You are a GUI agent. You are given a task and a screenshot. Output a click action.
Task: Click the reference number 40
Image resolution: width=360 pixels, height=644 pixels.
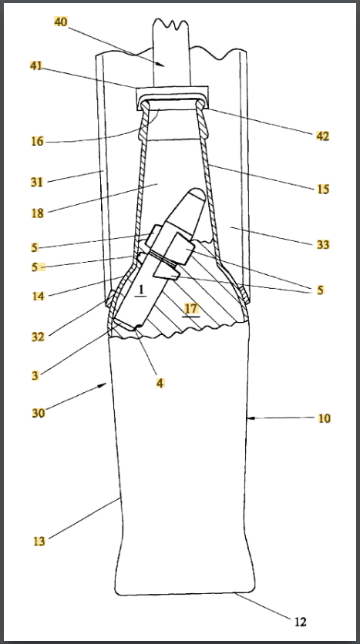click(x=60, y=22)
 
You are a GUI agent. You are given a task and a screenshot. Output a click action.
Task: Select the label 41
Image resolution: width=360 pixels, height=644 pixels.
click(x=36, y=65)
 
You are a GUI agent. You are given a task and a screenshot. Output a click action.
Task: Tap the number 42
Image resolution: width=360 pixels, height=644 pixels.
click(x=322, y=136)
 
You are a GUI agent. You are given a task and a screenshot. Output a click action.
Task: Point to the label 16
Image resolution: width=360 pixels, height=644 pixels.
click(x=38, y=142)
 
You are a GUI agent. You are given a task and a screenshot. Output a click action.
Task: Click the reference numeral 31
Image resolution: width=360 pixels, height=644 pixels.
click(x=37, y=182)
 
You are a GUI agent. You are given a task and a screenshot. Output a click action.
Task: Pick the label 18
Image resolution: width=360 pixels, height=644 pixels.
click(x=38, y=213)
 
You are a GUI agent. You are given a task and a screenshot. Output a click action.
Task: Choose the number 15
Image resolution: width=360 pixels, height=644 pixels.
click(x=322, y=190)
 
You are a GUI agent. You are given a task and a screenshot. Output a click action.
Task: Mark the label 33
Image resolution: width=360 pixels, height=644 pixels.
click(x=323, y=244)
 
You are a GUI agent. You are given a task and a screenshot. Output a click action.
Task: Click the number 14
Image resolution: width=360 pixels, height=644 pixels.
click(x=39, y=296)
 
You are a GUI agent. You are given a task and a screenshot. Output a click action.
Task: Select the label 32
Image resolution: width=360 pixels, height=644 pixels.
click(x=38, y=337)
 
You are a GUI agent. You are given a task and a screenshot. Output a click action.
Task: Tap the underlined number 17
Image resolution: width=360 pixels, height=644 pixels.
click(x=191, y=308)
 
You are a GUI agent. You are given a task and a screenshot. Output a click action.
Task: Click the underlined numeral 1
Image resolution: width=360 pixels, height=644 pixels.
click(x=140, y=290)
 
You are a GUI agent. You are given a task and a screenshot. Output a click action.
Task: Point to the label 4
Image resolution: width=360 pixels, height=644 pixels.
click(x=160, y=383)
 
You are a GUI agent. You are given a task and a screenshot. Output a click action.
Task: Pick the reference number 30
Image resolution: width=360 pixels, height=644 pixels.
click(x=39, y=412)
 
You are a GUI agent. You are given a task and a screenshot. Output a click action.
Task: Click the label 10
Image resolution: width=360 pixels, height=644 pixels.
click(x=325, y=418)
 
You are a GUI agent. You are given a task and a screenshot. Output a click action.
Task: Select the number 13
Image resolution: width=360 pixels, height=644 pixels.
click(x=39, y=541)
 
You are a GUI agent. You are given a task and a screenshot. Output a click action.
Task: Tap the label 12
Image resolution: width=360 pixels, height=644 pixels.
click(x=301, y=622)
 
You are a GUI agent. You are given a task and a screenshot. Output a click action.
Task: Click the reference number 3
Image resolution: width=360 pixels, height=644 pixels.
click(x=36, y=375)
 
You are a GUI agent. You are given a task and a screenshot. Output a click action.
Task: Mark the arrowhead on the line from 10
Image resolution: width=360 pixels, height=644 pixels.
click(x=251, y=418)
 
